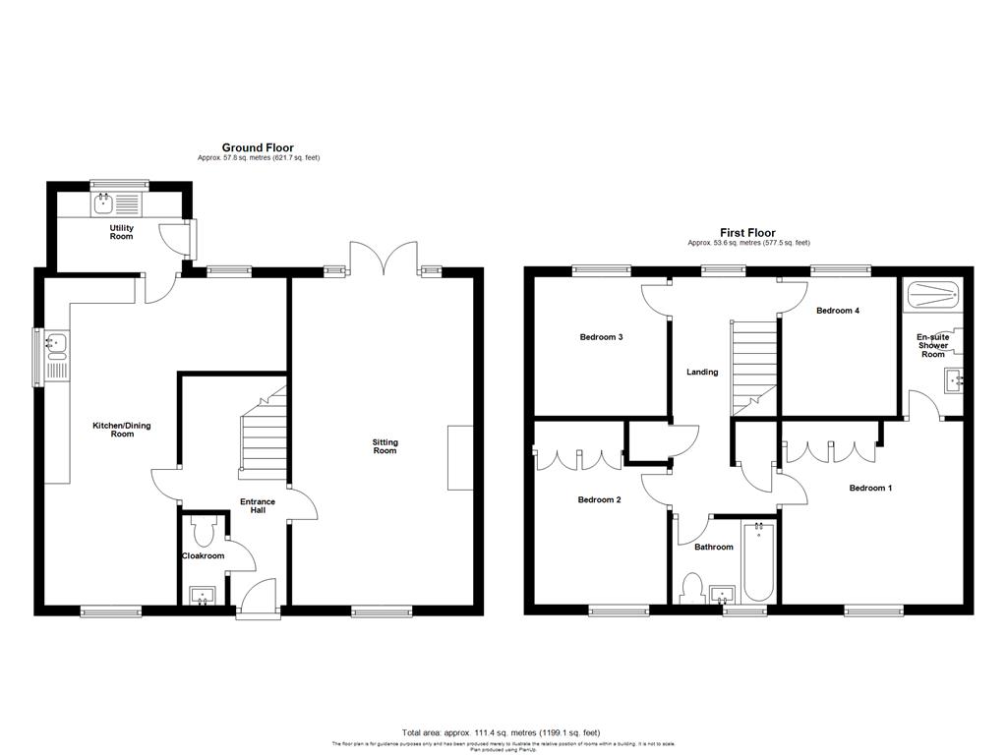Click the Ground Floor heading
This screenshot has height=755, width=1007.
click(258, 147)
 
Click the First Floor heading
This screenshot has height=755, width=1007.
click(749, 233)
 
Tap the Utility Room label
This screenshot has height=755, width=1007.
click(121, 232)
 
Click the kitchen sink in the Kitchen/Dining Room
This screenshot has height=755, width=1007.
click(55, 344)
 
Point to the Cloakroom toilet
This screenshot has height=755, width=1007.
click(206, 532)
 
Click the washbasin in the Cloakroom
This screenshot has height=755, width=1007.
click(204, 595)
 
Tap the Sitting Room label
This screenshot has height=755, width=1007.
click(385, 446)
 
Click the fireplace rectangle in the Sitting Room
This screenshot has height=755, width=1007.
click(459, 457)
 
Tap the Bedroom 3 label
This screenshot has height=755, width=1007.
click(601, 337)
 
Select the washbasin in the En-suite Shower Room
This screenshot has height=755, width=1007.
click(951, 380)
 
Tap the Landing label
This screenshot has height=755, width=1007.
click(702, 372)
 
